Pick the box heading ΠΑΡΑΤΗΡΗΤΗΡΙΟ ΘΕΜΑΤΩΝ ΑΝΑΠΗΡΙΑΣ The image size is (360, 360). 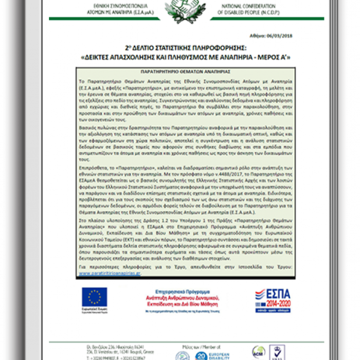point(180,72)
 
